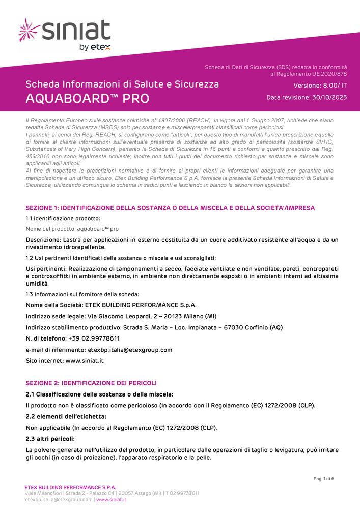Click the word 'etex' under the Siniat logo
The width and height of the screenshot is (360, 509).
[x=100, y=47]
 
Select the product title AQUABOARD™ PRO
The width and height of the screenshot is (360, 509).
[x=88, y=98]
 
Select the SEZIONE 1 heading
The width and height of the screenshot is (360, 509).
[x=170, y=208]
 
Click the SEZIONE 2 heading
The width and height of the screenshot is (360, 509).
[x=91, y=383]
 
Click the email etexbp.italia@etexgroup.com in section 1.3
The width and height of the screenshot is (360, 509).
[x=130, y=350]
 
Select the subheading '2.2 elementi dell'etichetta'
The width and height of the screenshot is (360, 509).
[x=66, y=416]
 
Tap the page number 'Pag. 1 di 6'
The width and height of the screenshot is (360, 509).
[x=323, y=478]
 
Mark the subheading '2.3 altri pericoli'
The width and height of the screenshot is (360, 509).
[x=50, y=439]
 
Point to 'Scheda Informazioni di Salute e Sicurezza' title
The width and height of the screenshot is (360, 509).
[x=122, y=84]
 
